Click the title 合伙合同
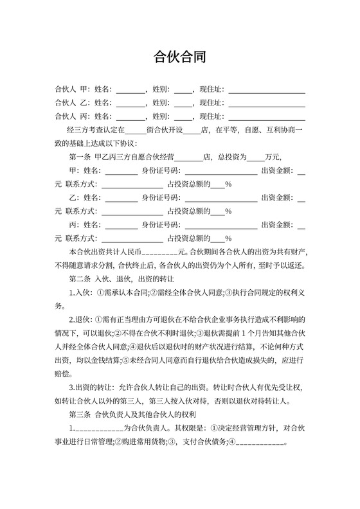[180, 57]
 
